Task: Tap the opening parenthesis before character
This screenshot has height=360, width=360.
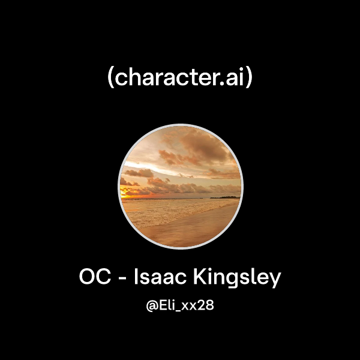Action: pyautogui.click(x=111, y=79)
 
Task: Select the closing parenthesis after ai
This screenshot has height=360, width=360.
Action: pyautogui.click(x=249, y=79)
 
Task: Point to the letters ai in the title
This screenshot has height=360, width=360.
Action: pyautogui.click(x=235, y=78)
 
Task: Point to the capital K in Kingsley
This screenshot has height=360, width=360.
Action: pyautogui.click(x=201, y=278)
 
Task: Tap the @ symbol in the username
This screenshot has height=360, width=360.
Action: pyautogui.click(x=152, y=306)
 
